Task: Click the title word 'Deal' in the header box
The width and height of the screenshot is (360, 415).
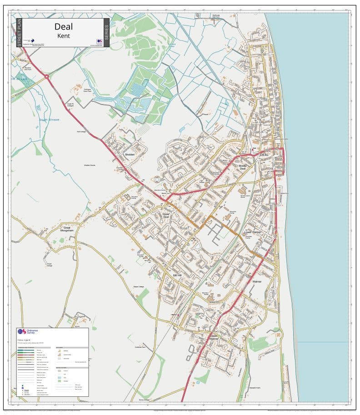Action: click(64, 27)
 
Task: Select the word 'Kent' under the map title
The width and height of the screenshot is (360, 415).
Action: click(64, 35)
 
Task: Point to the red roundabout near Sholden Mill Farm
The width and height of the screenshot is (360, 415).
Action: click(47, 77)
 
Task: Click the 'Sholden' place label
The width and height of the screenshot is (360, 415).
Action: click(130, 155)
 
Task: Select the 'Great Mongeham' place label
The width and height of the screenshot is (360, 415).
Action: click(67, 230)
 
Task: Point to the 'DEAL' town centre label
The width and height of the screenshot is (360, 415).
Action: click(264, 155)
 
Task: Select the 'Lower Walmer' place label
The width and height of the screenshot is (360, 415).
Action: click(253, 232)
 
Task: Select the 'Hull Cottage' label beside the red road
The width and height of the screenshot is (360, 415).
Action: click(81, 132)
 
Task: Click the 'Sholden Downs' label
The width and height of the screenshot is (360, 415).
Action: click(90, 165)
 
